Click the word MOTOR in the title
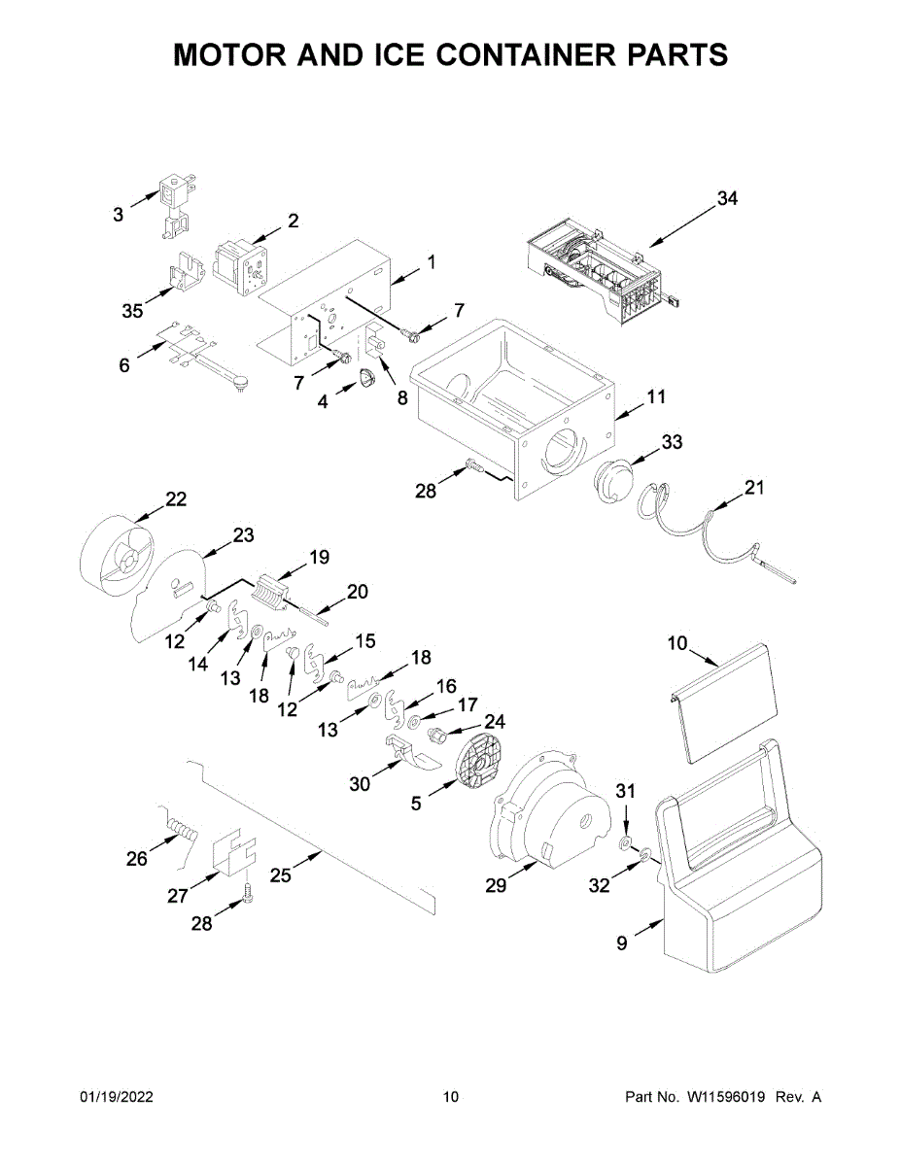coord(229,54)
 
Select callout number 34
coord(728,198)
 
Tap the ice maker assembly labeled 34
coord(604,270)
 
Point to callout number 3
coord(118,215)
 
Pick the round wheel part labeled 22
coord(116,557)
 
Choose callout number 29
coord(496,885)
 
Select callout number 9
coord(621,943)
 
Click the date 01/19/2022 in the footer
coord(117,1097)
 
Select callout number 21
coord(754,487)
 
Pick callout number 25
coord(280,875)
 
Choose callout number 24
coord(495,722)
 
